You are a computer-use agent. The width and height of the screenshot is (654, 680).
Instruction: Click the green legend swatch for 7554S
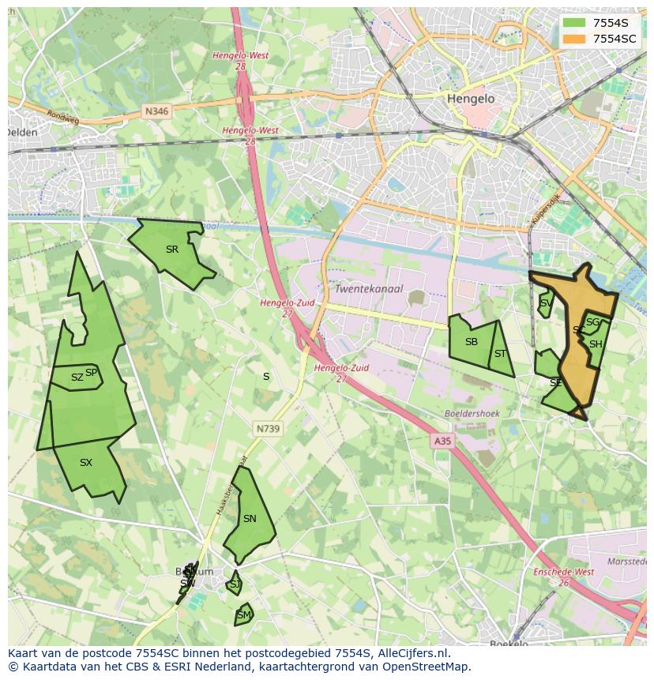click(574, 23)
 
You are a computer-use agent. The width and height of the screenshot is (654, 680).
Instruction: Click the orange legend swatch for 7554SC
click(574, 39)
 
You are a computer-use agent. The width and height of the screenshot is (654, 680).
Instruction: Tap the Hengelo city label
click(470, 99)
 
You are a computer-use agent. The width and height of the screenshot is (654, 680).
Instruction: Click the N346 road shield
click(157, 112)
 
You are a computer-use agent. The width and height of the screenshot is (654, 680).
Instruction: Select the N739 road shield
click(268, 429)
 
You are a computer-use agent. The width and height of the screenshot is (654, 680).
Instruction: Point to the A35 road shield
click(442, 441)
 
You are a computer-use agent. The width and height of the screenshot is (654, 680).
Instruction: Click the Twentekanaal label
click(369, 289)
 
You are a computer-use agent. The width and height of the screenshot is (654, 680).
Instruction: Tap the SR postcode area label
click(172, 250)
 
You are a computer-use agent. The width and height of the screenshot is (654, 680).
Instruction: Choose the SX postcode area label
click(86, 463)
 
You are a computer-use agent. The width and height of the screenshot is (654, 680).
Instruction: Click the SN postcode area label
click(250, 519)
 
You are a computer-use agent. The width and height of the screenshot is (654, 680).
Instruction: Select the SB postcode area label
click(472, 342)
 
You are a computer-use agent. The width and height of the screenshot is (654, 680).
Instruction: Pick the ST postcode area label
click(500, 354)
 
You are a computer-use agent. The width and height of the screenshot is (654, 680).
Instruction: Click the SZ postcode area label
click(77, 378)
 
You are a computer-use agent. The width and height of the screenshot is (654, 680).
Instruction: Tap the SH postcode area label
click(596, 344)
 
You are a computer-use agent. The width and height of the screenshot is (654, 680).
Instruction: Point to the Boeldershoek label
click(472, 413)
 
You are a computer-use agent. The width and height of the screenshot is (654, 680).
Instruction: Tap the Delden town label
click(22, 133)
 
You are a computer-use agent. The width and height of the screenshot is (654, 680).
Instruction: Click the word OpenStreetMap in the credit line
click(426, 667)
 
